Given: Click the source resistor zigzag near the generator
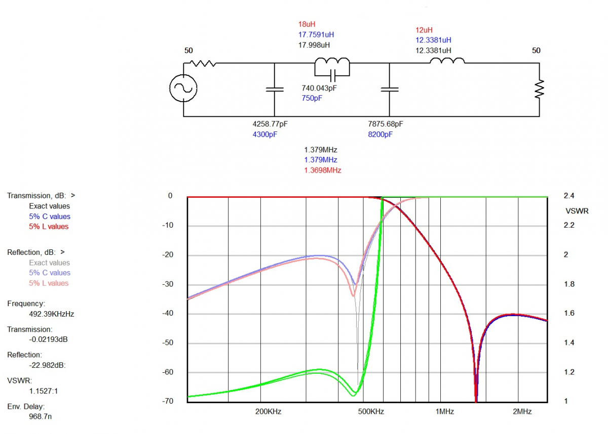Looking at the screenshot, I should coord(203,63).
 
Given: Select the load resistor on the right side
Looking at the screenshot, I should coord(540,89).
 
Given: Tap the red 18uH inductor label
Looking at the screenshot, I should coord(307,24).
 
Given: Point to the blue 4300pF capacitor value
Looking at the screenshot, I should coord(264,135).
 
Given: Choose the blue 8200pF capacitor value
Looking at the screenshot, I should coord(380,135).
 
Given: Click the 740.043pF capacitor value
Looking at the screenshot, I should coord(319,88).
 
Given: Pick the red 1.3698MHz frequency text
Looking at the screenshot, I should coord(322,170).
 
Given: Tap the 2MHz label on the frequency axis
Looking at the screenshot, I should coord(522,412).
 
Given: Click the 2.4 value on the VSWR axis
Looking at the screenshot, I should coord(568,196).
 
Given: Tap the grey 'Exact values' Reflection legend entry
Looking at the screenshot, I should coord(49,263).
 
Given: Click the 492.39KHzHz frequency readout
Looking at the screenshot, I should coord(52,314).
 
